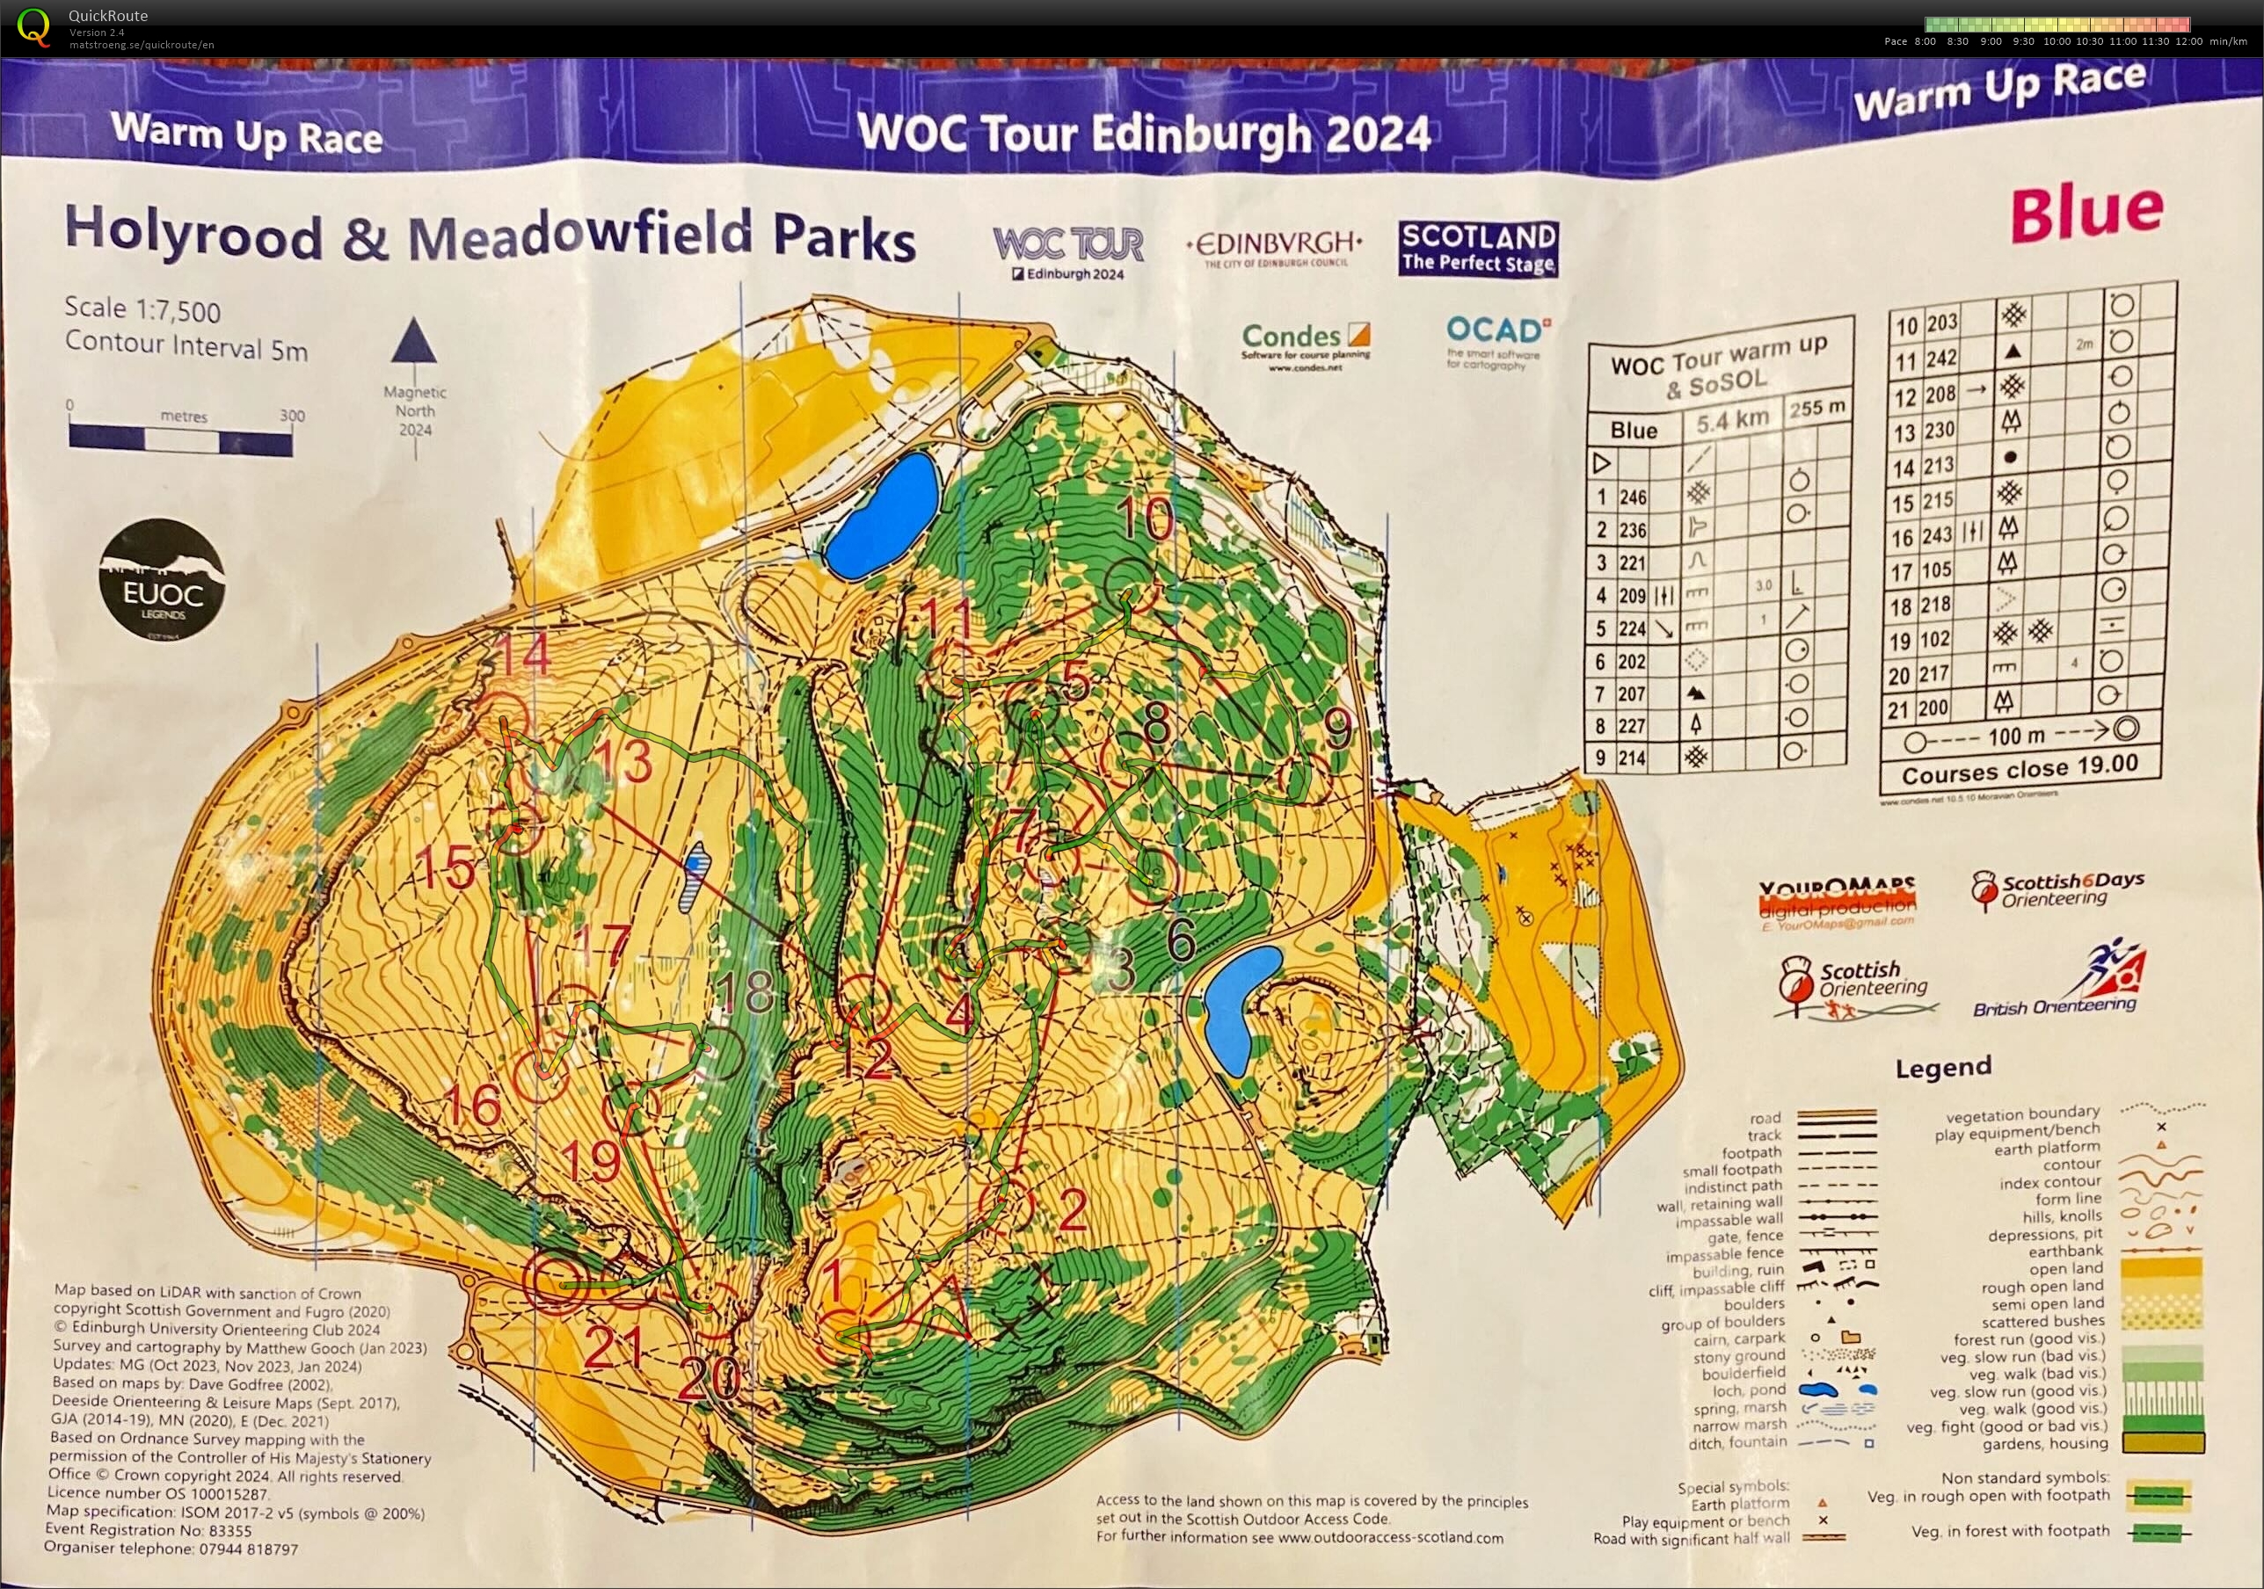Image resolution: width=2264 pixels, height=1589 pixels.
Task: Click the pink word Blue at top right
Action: tap(2086, 212)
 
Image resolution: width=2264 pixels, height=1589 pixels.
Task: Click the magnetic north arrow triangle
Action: tap(414, 341)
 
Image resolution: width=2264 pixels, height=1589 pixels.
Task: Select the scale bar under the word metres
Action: tap(180, 438)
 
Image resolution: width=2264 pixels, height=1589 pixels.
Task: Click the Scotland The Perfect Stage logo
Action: tap(1477, 248)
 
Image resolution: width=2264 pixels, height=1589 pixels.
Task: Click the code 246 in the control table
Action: tap(1633, 497)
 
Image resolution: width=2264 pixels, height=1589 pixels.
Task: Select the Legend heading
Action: tap(1942, 1068)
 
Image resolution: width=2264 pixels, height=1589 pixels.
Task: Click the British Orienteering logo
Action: tap(2061, 983)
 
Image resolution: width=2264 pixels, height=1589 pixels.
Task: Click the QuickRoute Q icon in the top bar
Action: tap(33, 26)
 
